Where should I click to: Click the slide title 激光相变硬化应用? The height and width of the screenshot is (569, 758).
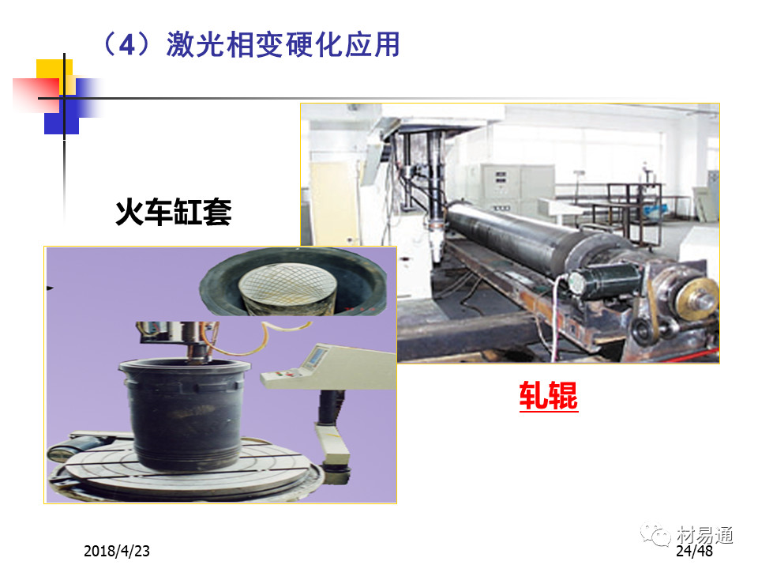click(283, 44)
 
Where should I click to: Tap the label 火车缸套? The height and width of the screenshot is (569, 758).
click(174, 212)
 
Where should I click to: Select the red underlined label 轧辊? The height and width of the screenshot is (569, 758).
click(549, 396)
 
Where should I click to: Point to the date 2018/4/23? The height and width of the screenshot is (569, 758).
click(117, 551)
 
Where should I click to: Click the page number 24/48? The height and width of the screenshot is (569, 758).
click(694, 551)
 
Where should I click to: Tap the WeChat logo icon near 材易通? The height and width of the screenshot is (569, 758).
click(655, 534)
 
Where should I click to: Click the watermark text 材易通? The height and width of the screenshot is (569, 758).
click(704, 535)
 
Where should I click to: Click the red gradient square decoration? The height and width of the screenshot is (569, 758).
click(36, 95)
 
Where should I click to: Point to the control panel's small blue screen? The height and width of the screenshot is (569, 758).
click(315, 356)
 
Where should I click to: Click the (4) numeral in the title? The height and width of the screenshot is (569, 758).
click(126, 44)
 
